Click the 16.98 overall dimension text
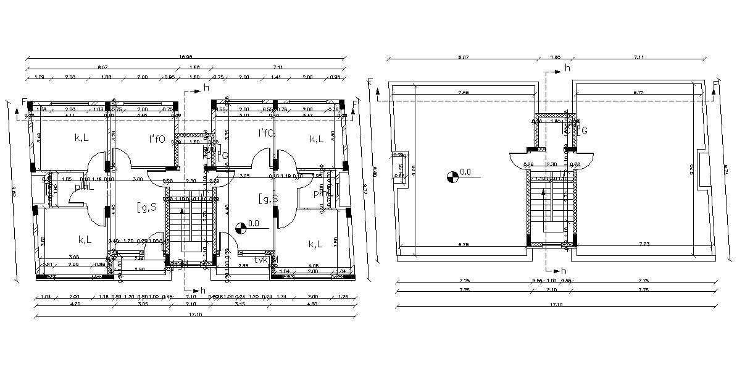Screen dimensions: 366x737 point(186,57)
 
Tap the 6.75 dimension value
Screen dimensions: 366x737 point(463,245)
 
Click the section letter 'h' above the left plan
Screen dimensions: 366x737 point(206,88)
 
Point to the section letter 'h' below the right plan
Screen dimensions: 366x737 point(564,270)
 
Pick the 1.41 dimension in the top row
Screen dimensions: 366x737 point(275,77)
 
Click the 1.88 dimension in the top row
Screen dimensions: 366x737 point(106,77)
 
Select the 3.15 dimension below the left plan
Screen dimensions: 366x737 point(239,304)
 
